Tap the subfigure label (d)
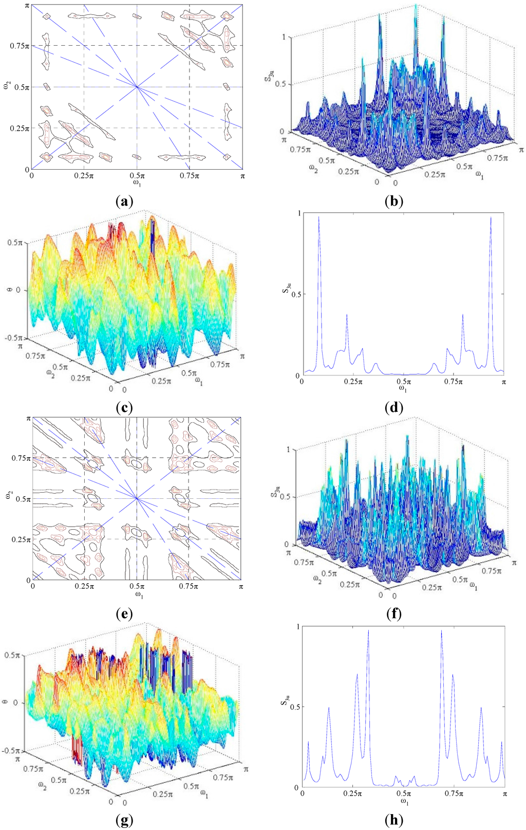click(393, 408)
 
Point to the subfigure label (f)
click(393, 614)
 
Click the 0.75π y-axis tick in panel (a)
click(18, 46)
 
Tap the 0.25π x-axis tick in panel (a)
click(84, 176)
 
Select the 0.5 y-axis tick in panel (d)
click(294, 294)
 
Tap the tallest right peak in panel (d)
click(491, 218)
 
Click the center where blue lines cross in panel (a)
click(137, 87)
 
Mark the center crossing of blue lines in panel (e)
click(137, 498)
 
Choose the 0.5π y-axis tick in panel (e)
click(21, 499)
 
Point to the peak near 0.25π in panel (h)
click(368, 631)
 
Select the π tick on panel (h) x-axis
click(504, 794)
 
